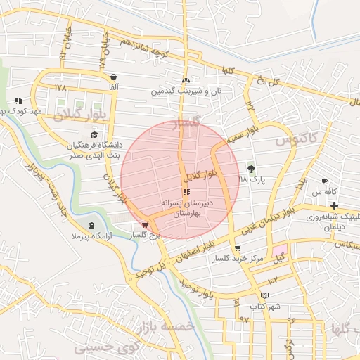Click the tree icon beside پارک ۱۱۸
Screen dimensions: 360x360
click(252, 168)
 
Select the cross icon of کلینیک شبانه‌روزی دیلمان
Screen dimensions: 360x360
click(334, 205)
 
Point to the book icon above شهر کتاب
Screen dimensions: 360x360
click(264, 295)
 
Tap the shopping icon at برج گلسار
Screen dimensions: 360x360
click(145, 225)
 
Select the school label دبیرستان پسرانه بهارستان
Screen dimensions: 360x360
click(186, 206)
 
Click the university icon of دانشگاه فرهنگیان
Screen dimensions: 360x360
click(94, 135)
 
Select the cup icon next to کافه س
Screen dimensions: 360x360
click(324, 181)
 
